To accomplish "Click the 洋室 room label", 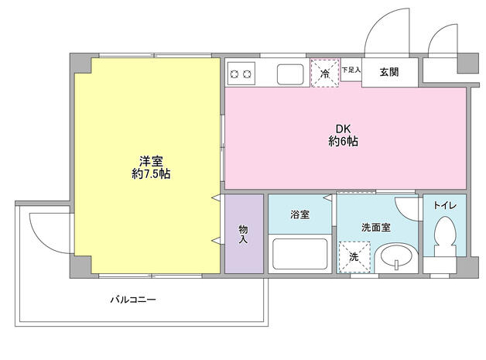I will (x=151, y=161).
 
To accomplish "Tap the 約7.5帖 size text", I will (x=151, y=174).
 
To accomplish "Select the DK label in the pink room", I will (x=342, y=129).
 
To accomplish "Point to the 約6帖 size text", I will (x=342, y=142).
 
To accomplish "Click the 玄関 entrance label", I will (x=389, y=72).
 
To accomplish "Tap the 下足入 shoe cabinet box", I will (x=351, y=70).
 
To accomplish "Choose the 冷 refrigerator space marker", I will (x=325, y=72).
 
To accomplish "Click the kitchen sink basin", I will (x=290, y=74).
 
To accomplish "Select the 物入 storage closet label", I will (x=243, y=234).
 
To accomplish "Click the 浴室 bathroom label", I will (x=299, y=214).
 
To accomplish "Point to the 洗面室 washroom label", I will (x=376, y=228).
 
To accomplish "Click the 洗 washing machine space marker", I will (x=354, y=256).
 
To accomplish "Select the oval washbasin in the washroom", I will (x=396, y=257).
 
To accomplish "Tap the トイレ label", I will (x=444, y=205).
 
